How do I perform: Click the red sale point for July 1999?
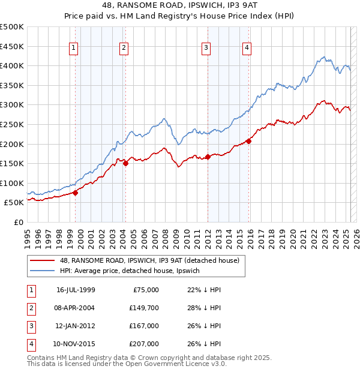[76, 193]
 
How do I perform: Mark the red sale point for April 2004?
[126, 163]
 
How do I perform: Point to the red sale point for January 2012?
[208, 157]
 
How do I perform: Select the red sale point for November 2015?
[248, 141]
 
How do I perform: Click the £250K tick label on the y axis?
[12, 124]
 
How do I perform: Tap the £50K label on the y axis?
[14, 203]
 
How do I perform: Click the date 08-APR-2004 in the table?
[76, 308]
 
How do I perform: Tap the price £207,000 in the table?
[143, 344]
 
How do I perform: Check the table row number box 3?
[31, 326]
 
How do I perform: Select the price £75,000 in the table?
[146, 290]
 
